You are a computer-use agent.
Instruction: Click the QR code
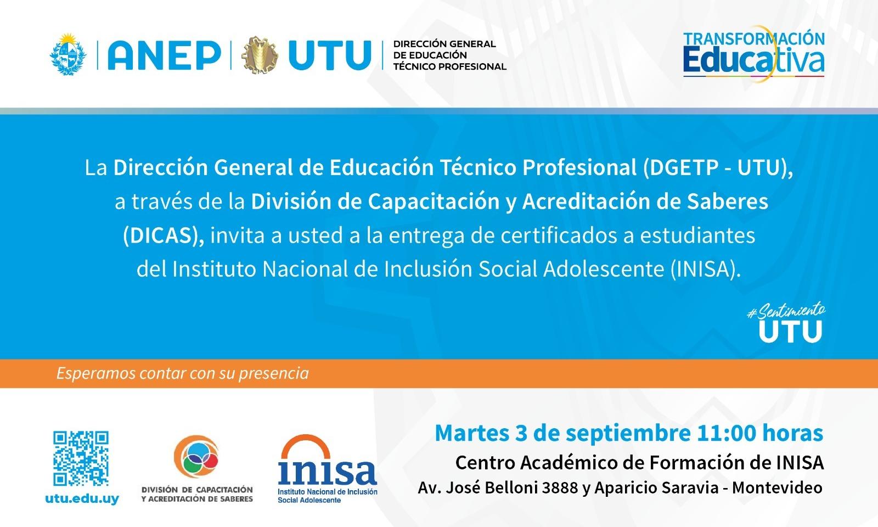click(x=81, y=458)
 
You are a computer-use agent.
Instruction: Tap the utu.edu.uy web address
click(x=82, y=499)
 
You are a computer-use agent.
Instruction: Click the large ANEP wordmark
click(x=164, y=55)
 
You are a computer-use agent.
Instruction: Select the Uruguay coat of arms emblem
click(x=68, y=54)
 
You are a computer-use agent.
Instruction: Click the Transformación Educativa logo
click(x=754, y=54)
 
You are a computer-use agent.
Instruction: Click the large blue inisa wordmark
click(x=328, y=471)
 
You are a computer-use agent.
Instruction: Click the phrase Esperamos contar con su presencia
click(x=183, y=373)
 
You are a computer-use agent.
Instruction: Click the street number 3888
click(x=560, y=488)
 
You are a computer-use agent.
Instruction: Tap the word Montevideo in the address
click(x=777, y=488)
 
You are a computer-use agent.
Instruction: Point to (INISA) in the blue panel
click(x=706, y=270)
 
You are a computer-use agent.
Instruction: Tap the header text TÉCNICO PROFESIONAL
click(x=449, y=66)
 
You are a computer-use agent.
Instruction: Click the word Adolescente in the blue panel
click(x=604, y=270)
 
